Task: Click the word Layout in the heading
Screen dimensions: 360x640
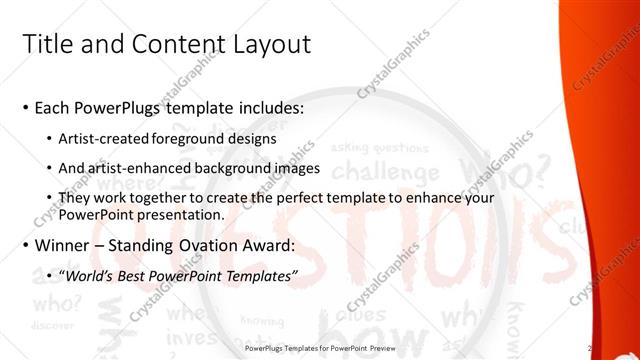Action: (267, 44)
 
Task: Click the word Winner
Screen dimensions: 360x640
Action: (65, 245)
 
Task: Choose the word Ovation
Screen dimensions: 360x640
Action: (199, 245)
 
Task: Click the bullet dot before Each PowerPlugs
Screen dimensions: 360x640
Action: (24, 108)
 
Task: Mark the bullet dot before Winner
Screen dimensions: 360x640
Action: (24, 245)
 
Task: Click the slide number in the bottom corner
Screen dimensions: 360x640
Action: (591, 348)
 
